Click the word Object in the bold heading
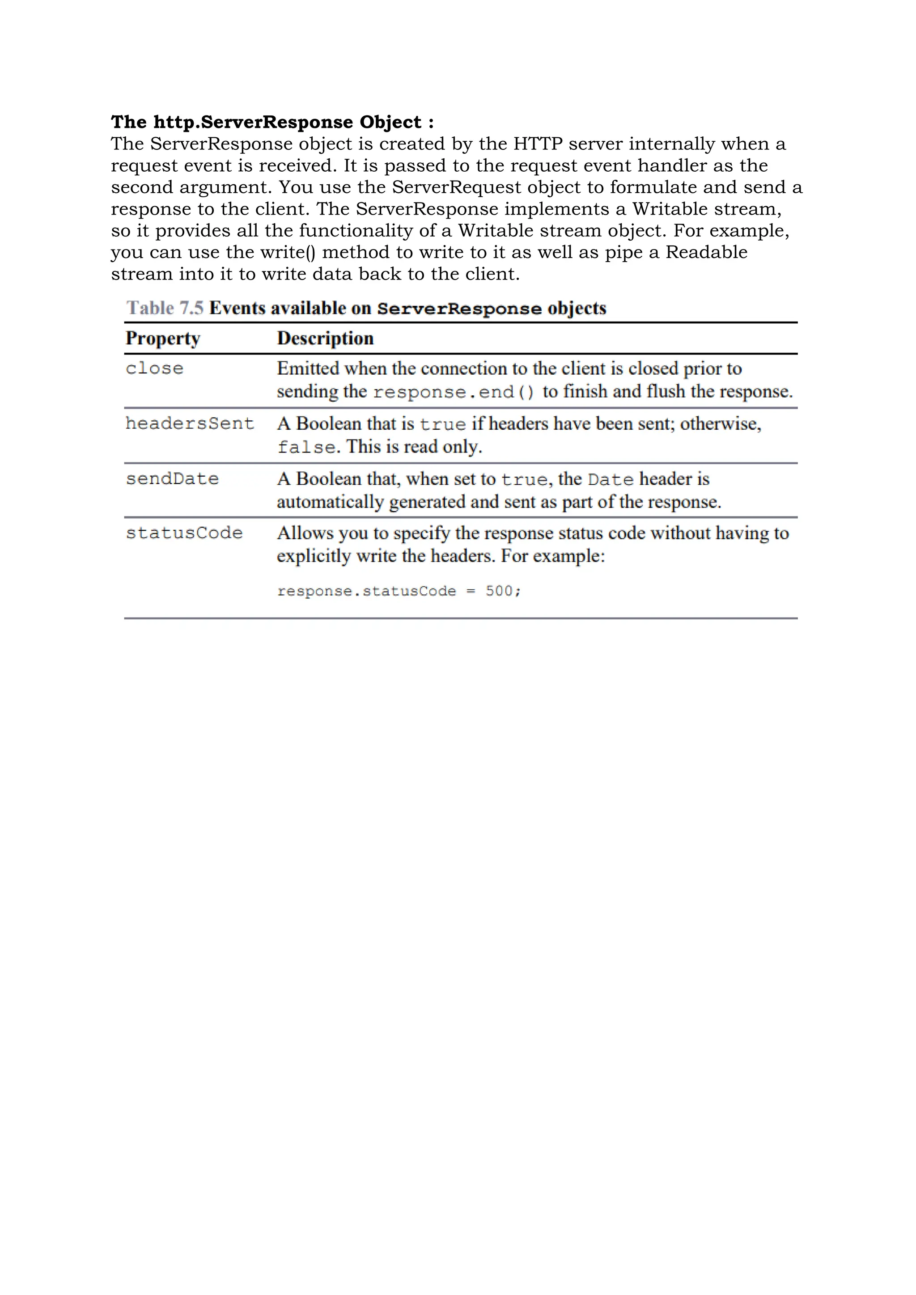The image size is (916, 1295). [390, 123]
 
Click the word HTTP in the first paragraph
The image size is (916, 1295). [538, 144]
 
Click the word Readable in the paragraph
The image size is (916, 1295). [706, 253]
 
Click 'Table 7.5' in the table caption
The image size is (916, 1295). [165, 309]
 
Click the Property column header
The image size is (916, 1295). [163, 339]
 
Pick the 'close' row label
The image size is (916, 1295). [155, 369]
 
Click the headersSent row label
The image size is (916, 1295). [190, 423]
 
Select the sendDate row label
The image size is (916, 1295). [172, 479]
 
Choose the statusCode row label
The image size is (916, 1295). [184, 533]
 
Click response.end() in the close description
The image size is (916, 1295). [454, 392]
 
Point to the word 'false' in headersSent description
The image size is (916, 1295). [306, 447]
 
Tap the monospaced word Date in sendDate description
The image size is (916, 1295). [611, 479]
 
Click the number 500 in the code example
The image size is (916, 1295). [499, 591]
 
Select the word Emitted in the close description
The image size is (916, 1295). [308, 369]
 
